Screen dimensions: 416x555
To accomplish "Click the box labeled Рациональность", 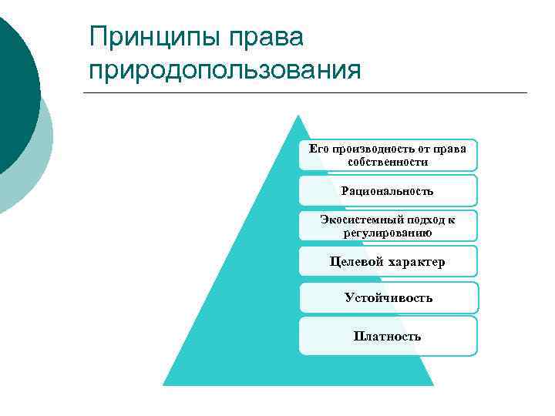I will [x=388, y=190].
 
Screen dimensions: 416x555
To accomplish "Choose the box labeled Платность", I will [x=388, y=336].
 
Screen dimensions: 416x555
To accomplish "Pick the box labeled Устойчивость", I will [x=388, y=297].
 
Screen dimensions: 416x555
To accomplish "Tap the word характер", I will [x=417, y=262].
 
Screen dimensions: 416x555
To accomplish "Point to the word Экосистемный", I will [x=352, y=220].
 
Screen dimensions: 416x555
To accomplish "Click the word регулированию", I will [x=388, y=232].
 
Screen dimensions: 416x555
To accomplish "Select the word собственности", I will [x=388, y=162].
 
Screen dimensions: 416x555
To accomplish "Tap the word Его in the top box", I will [x=319, y=149].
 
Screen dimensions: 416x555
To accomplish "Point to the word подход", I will [x=416, y=220].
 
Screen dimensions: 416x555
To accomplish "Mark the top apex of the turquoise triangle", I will [x=298, y=116].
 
